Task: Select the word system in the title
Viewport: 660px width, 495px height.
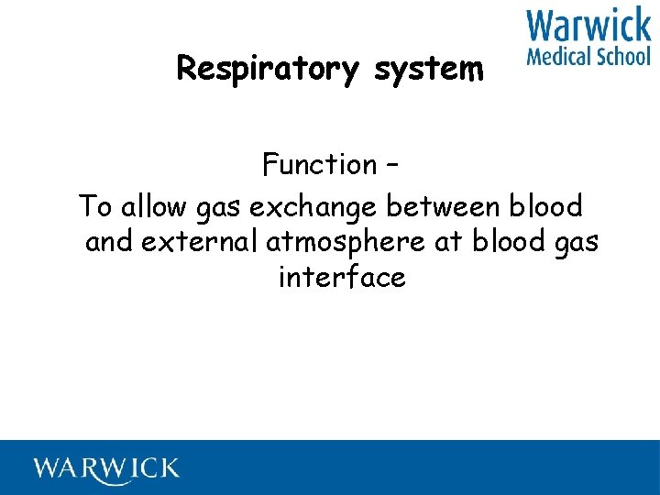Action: click(429, 69)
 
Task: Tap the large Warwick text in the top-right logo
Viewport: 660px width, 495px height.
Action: click(588, 26)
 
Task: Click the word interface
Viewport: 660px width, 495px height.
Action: click(342, 277)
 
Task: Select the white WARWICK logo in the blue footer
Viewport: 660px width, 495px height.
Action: click(107, 468)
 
